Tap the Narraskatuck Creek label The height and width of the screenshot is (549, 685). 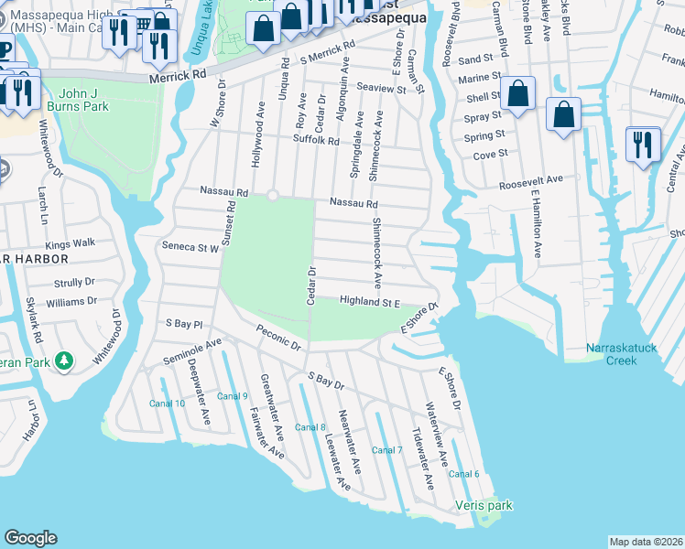[624, 353]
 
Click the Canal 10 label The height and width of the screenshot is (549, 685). [167, 404]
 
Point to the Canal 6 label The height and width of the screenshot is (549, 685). [463, 473]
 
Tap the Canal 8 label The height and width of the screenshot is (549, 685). [310, 427]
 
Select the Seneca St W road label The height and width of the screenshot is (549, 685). [190, 247]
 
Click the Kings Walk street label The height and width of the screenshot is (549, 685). [71, 244]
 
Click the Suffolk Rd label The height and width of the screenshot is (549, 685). [316, 141]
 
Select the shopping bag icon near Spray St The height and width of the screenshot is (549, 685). [563, 113]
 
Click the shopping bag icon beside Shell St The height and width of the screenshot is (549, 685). [517, 93]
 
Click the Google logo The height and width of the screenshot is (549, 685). [30, 538]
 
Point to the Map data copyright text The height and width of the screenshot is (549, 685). [646, 542]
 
